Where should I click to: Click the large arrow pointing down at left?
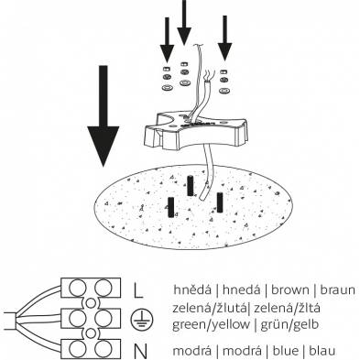pos(104,116)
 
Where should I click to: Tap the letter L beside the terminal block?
pos(138,289)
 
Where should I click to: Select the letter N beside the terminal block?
pos(140,351)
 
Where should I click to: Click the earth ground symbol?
pos(142,320)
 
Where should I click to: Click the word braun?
pos(337,289)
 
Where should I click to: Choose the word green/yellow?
pos(211,324)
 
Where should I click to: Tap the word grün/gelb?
pos(289,324)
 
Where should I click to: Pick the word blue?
pos(286,351)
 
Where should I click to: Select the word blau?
pos(322,351)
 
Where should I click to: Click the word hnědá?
pos(192,289)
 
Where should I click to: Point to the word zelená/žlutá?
pos(210,308)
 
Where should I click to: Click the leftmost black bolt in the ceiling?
pos(171,207)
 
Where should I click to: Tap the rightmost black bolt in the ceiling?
pos(220,202)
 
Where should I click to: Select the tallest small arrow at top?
pos(184,23)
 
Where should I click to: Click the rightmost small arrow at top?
pos(224,38)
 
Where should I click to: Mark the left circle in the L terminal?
pos(77,288)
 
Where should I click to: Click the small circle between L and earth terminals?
pos(91,303)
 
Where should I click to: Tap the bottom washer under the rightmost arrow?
pos(224,91)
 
